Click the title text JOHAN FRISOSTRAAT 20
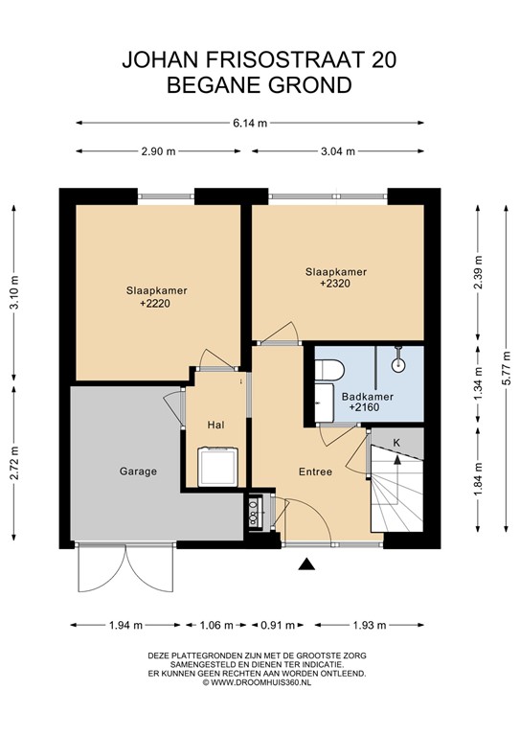click(x=260, y=59)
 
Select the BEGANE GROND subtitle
click(x=260, y=85)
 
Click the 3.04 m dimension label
click(x=336, y=151)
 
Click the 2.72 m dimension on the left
click(x=13, y=461)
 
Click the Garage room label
click(x=138, y=471)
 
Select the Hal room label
click(x=216, y=424)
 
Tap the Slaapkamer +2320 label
click(x=335, y=278)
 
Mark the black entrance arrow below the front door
click(x=306, y=566)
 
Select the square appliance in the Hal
click(x=210, y=465)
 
